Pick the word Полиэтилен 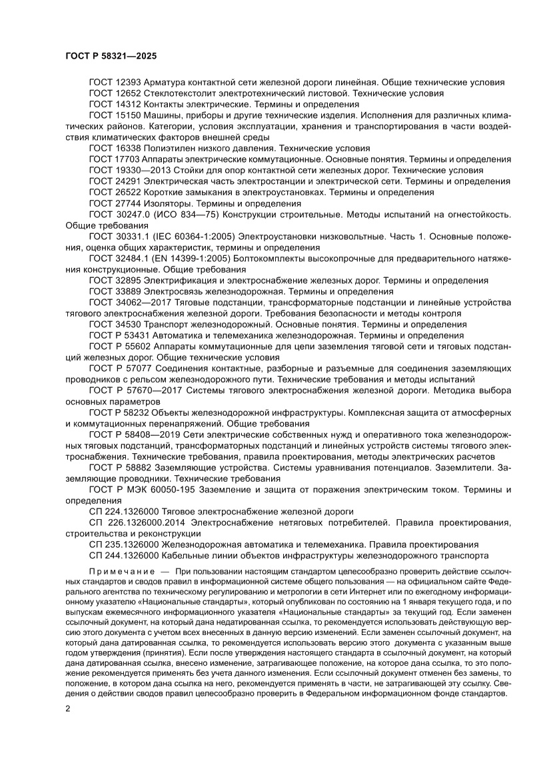coord(167,148)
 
